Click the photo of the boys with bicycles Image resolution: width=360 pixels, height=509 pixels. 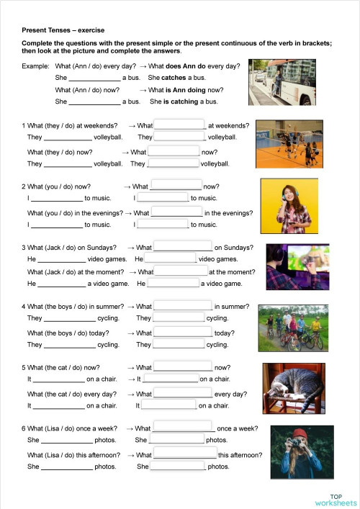click(x=290, y=328)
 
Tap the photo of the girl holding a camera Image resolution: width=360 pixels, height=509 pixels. click(x=295, y=452)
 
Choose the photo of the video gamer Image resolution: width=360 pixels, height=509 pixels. click(x=294, y=266)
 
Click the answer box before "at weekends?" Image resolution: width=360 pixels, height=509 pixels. click(x=180, y=125)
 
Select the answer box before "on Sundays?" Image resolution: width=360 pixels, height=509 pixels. click(x=183, y=247)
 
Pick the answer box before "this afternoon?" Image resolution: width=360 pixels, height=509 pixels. click(x=185, y=454)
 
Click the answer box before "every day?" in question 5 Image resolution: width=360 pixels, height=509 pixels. click(x=183, y=393)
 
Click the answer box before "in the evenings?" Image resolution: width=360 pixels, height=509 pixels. click(x=177, y=212)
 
